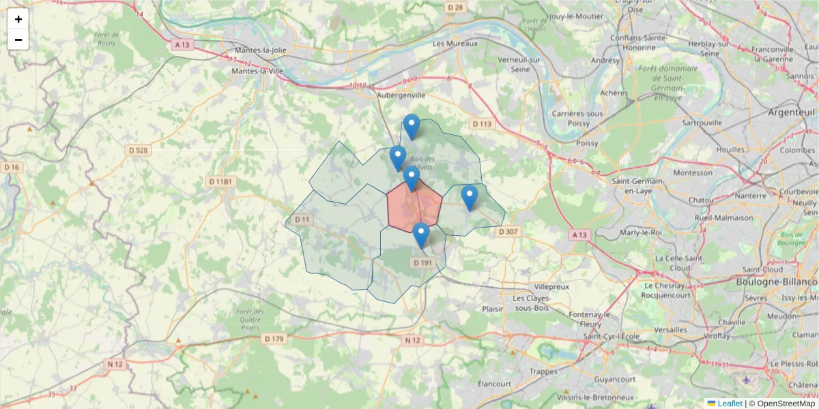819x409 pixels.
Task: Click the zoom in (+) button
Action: click(x=18, y=19)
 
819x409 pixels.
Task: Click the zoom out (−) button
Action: click(x=18, y=40)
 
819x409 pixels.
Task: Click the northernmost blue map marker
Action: click(x=411, y=126)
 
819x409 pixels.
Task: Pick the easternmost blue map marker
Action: click(x=469, y=197)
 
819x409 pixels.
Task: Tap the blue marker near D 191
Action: click(x=421, y=234)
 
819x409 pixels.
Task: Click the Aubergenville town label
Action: click(x=401, y=96)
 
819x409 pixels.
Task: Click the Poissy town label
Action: click(x=587, y=143)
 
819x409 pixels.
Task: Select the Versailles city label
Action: click(x=670, y=329)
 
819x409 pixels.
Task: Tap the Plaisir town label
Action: click(x=492, y=308)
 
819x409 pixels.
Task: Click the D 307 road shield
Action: click(x=508, y=232)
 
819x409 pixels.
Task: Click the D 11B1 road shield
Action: click(x=220, y=182)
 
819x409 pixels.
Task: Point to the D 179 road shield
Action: click(x=273, y=339)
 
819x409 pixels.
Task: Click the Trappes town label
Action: click(x=544, y=372)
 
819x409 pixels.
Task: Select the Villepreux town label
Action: click(x=551, y=287)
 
